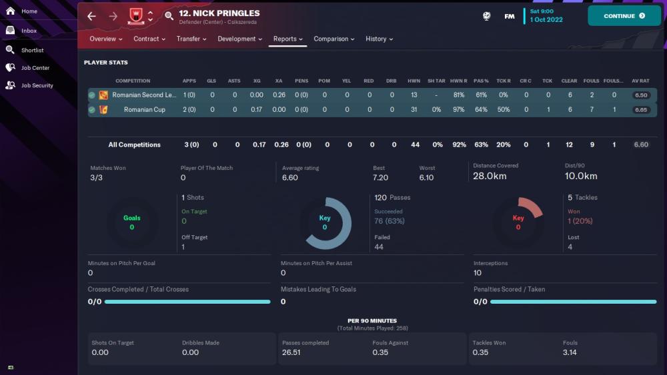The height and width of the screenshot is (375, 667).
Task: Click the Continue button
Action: [624, 16]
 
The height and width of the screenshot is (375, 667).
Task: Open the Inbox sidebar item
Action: [29, 31]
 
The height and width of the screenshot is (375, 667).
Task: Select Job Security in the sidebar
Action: [37, 85]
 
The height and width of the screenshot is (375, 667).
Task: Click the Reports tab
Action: [288, 39]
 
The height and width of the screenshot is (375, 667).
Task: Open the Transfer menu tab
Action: [191, 39]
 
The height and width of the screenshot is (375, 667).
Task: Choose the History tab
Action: [379, 39]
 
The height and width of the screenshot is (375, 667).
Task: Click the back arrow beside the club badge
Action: [92, 16]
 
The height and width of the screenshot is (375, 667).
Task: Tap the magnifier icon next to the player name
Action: [169, 16]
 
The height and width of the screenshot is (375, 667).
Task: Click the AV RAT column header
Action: [640, 81]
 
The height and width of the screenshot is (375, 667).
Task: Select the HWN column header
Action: [414, 81]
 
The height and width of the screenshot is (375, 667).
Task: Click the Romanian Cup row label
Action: [145, 110]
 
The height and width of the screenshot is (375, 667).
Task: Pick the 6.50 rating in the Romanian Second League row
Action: [640, 95]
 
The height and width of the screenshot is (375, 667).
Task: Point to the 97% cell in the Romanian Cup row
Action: [458, 110]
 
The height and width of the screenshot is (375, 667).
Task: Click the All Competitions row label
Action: [135, 145]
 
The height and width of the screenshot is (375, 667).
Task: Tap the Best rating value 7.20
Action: [380, 178]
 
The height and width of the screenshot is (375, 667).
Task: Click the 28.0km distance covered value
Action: [490, 177]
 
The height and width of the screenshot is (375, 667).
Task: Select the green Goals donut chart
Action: [131, 223]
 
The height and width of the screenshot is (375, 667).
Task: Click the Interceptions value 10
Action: [478, 272]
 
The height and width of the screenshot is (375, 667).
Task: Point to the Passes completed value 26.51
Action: [291, 352]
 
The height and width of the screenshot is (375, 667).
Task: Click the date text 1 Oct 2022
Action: [546, 20]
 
